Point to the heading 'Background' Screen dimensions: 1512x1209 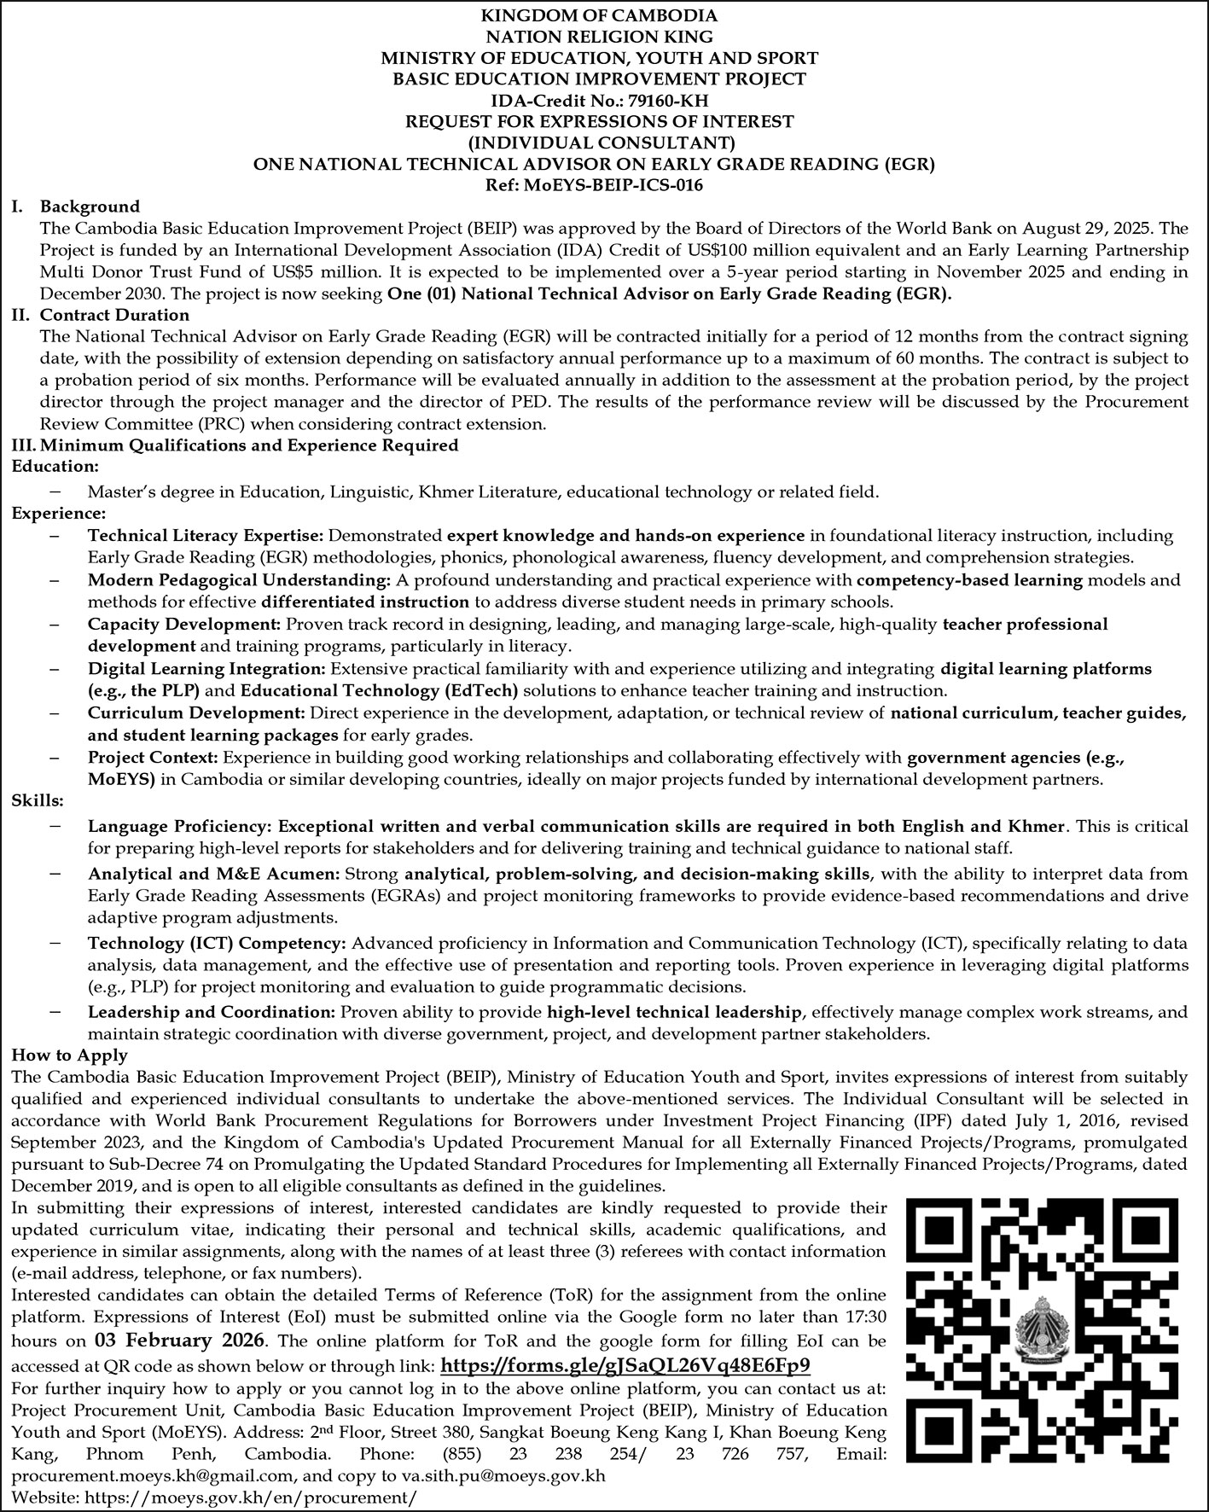(x=90, y=206)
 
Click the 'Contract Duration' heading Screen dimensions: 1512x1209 (x=114, y=316)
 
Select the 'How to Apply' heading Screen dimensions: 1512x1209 (x=70, y=1055)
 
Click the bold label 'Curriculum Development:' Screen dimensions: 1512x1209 (x=196, y=712)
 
